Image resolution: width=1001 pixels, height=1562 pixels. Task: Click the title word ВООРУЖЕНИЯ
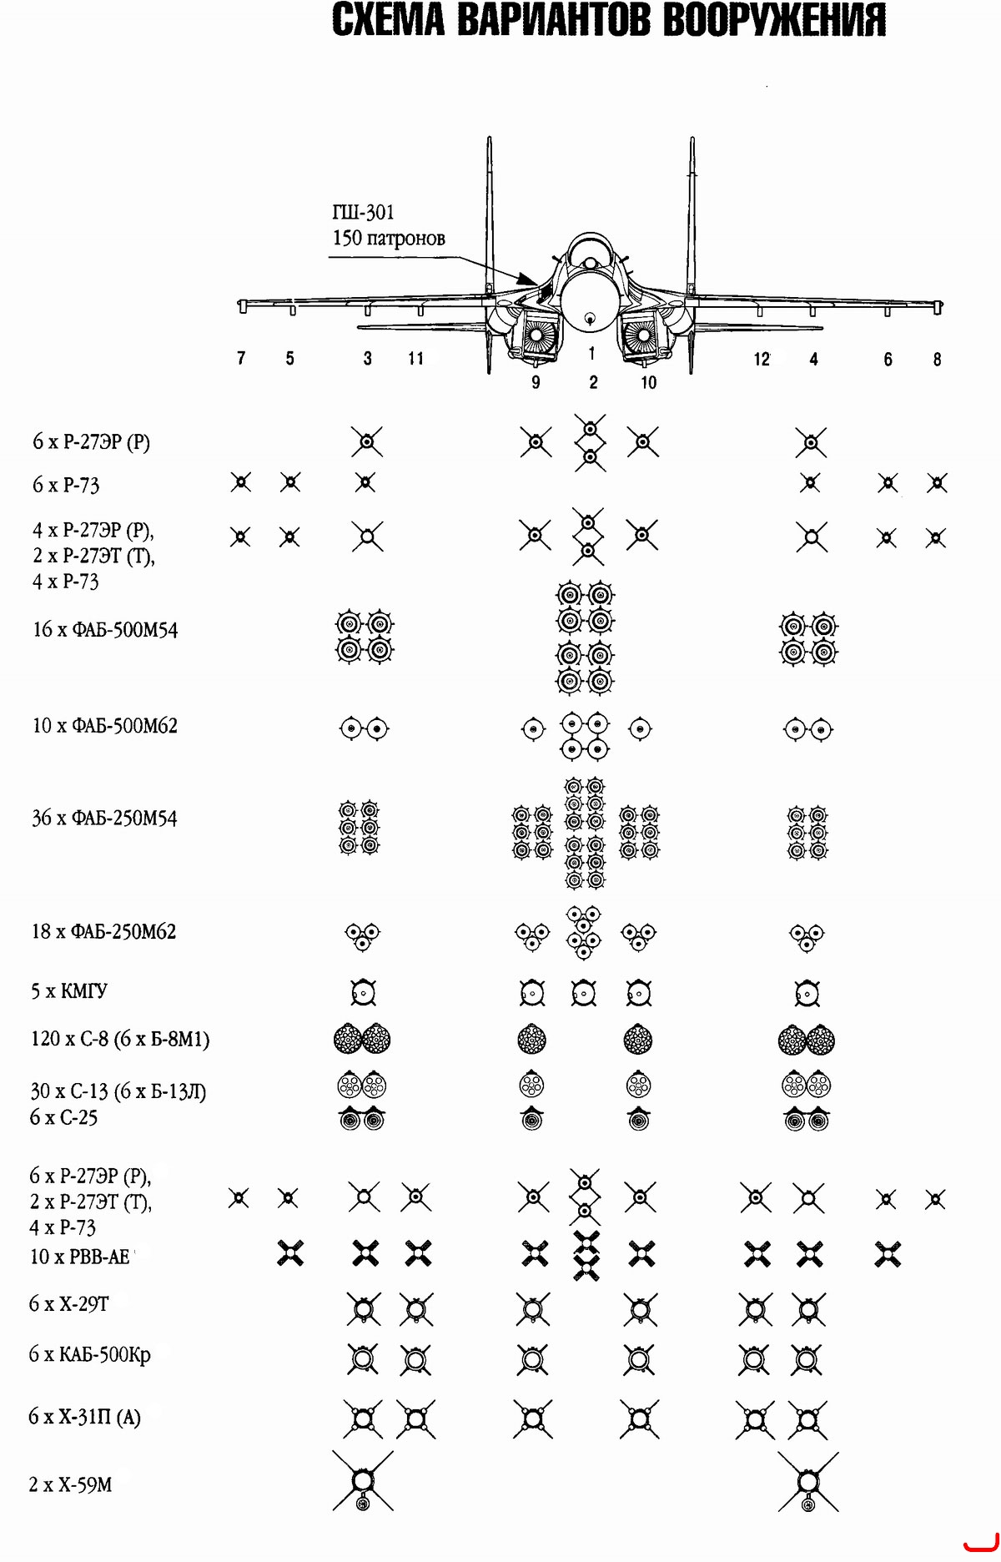pos(774,20)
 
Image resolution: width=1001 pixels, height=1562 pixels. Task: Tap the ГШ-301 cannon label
pos(363,213)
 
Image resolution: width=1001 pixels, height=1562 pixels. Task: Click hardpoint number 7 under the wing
pos(241,358)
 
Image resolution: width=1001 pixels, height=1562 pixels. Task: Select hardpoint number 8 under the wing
pos(937,360)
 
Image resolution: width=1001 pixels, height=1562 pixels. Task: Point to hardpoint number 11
pos(415,359)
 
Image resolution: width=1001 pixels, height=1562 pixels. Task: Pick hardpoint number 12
pos(762,360)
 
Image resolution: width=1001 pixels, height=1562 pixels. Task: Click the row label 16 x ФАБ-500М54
pos(105,630)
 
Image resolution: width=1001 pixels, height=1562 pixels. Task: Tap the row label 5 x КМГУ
pos(69,991)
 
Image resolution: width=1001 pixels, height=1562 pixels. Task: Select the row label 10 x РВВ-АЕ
pos(80,1257)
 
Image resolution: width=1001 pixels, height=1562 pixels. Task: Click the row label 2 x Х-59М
pos(70,1485)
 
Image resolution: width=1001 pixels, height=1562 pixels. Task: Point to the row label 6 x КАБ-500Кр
pos(90,1354)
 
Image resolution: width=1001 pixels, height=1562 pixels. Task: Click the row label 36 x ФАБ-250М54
pos(104,819)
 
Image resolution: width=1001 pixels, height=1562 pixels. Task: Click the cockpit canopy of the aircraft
pos(590,250)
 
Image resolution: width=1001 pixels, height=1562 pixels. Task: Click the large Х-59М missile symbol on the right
pos(807,1483)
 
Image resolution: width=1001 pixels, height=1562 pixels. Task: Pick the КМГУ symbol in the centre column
pos(584,992)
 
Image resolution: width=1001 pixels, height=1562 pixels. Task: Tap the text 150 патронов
pos(389,239)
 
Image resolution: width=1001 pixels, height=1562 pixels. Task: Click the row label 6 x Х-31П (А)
pos(84,1417)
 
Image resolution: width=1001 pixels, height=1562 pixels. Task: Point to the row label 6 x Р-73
pos(66,486)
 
